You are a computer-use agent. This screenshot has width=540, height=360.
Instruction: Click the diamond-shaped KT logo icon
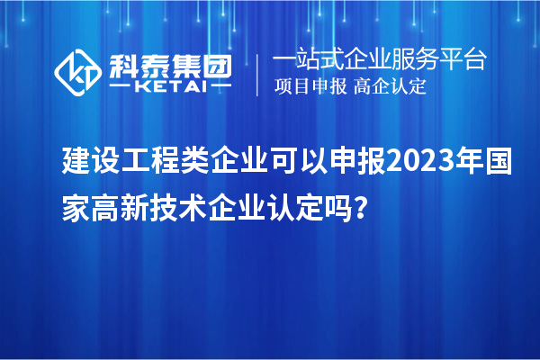pyautogui.click(x=78, y=73)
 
